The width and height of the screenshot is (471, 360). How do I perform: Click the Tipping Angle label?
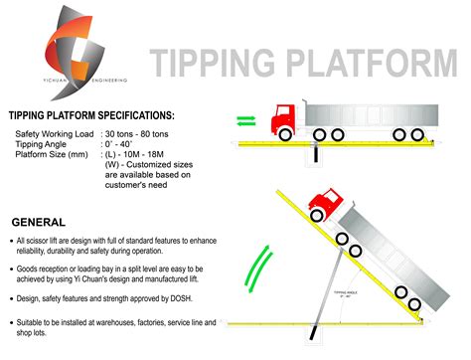[x=44, y=143]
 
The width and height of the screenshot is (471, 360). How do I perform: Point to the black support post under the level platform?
[x=315, y=154]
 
